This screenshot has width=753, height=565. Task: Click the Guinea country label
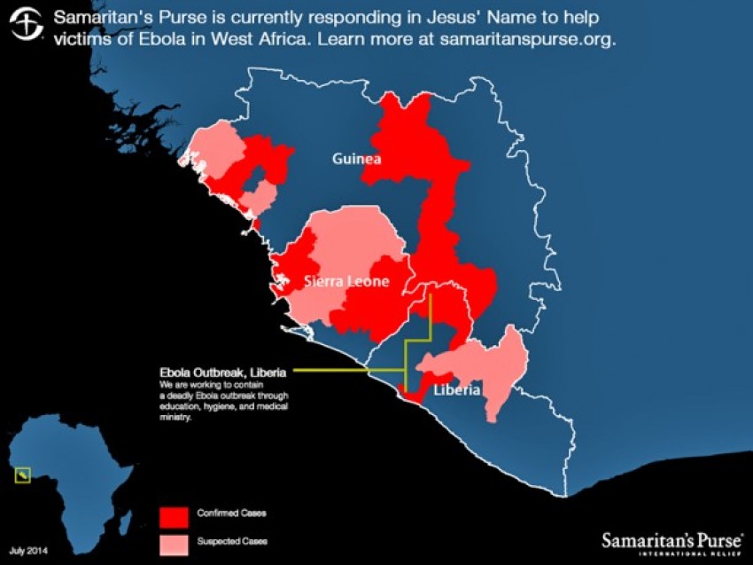point(356,160)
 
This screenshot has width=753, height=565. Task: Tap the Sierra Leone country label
point(346,282)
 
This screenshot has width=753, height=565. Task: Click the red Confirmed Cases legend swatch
point(174,514)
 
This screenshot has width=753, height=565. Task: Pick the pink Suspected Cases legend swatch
point(174,540)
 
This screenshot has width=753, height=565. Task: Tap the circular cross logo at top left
point(27,26)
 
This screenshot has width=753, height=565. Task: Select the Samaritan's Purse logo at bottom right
point(671,540)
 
